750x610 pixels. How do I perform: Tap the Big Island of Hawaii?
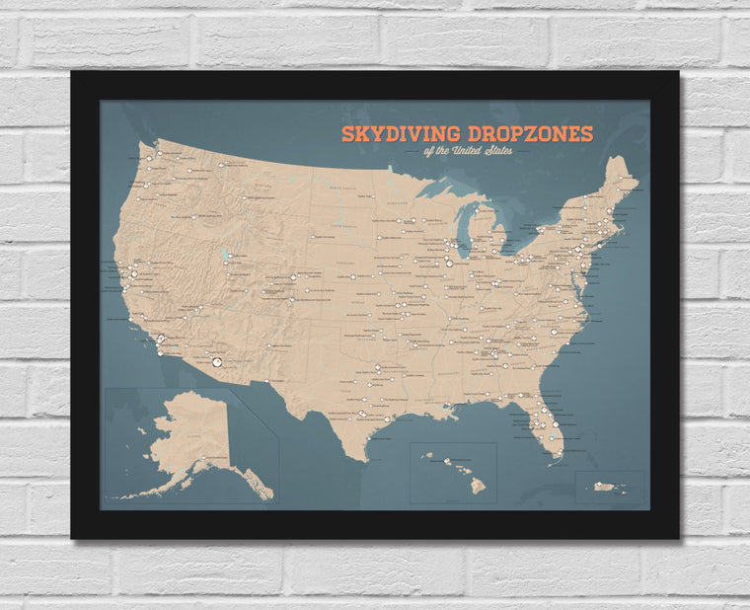click(x=477, y=485)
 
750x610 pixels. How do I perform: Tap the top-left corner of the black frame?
click(x=73, y=73)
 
